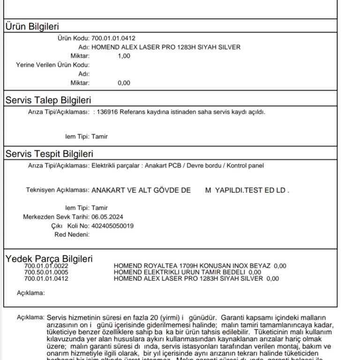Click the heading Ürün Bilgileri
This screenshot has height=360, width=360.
[x=32, y=27]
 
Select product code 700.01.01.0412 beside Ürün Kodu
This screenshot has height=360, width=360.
[x=114, y=38]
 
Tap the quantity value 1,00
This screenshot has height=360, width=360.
[x=124, y=56]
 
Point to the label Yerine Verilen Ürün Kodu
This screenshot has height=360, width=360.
[x=52, y=65]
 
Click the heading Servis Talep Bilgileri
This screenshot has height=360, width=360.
[x=48, y=100]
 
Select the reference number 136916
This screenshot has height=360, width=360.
[x=107, y=112]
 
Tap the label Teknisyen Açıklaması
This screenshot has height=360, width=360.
[x=57, y=190]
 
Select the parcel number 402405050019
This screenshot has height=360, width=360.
[x=112, y=226]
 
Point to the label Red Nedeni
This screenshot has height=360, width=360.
[x=72, y=234]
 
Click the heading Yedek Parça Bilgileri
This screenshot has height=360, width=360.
[x=49, y=259]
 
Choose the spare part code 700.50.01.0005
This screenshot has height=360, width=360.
[x=46, y=272]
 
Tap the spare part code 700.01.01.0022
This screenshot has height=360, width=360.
[x=46, y=266]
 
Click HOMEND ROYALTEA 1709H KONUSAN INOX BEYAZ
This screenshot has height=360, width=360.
[x=192, y=266]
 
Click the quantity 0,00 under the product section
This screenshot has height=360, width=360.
[x=124, y=83]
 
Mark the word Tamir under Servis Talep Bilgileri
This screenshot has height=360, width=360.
[x=99, y=137]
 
